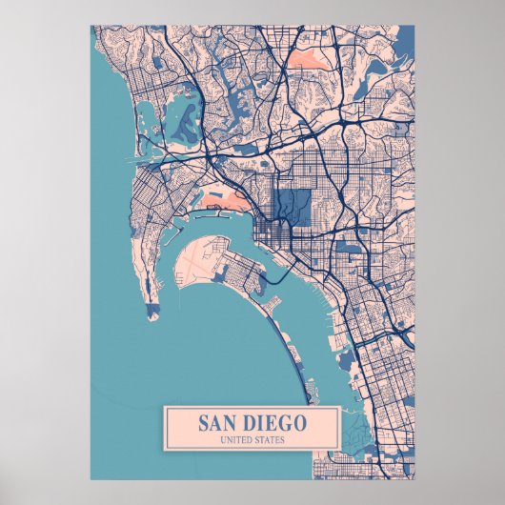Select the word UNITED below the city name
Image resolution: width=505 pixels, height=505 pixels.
click(x=236, y=439)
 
